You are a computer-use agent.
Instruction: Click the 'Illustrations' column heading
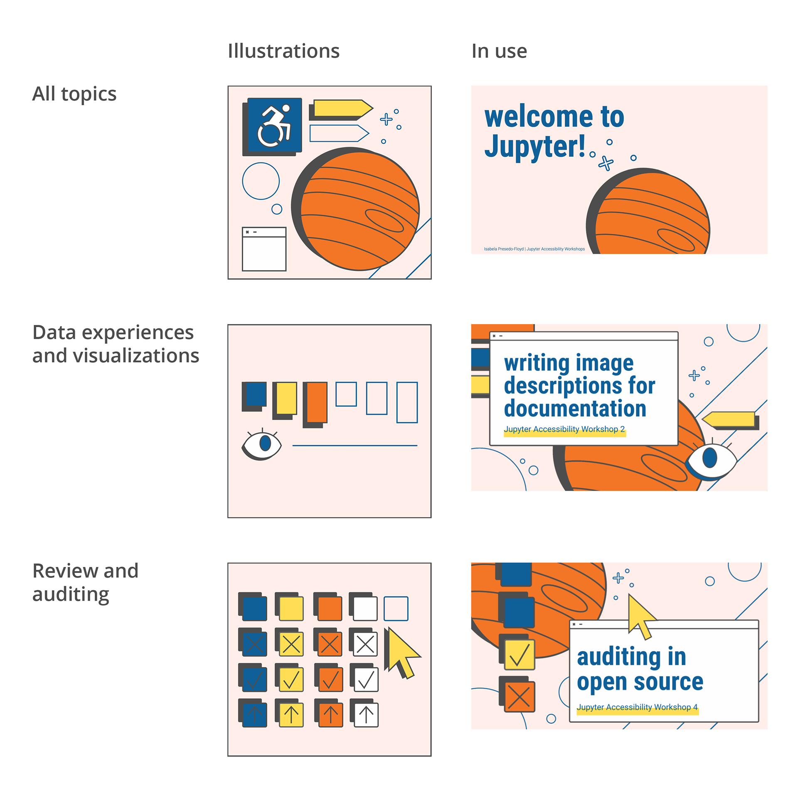(283, 51)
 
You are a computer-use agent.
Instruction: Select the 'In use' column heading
(499, 51)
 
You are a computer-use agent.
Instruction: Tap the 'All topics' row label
(74, 94)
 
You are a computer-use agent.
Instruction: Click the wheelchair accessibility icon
(273, 126)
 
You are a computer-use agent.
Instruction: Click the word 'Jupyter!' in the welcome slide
(535, 147)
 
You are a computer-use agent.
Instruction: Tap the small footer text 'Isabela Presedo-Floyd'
(504, 249)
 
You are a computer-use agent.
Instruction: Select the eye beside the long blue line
(262, 444)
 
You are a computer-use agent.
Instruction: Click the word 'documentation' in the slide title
(575, 409)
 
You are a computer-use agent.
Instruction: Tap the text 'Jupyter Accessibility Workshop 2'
(564, 429)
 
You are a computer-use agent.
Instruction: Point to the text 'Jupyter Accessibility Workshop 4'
(637, 707)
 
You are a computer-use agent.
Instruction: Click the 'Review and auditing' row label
(85, 583)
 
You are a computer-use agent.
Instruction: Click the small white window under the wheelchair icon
(264, 249)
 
